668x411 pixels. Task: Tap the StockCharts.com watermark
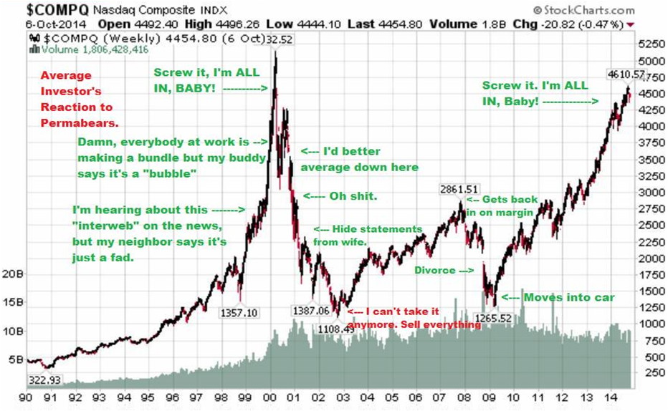click(x=583, y=10)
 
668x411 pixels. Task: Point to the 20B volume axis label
click(x=13, y=273)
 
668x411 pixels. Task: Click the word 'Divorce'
click(x=434, y=271)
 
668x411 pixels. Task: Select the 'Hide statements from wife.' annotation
click(x=366, y=234)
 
